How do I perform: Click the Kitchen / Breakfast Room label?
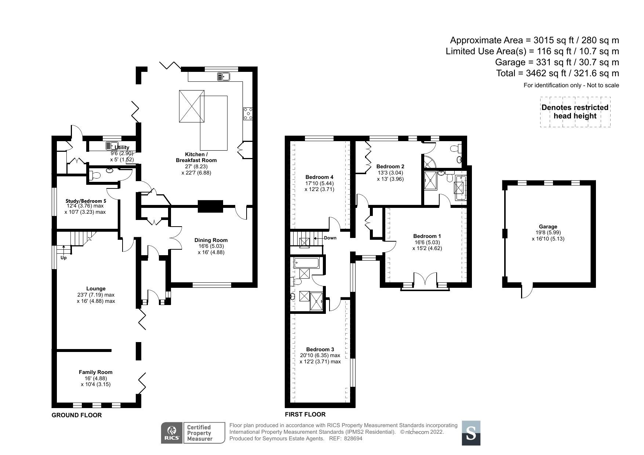point(196,157)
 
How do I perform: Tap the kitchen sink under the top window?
point(223,77)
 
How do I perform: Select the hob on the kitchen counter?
point(248,113)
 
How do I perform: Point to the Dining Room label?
point(211,240)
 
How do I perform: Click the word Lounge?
point(96,289)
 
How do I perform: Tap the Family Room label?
point(96,372)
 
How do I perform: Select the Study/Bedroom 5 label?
point(86,201)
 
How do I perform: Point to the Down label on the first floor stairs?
point(330,238)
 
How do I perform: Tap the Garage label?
point(548,227)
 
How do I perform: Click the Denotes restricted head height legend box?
point(575,112)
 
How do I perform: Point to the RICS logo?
point(171,433)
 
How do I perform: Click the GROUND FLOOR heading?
point(76,415)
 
